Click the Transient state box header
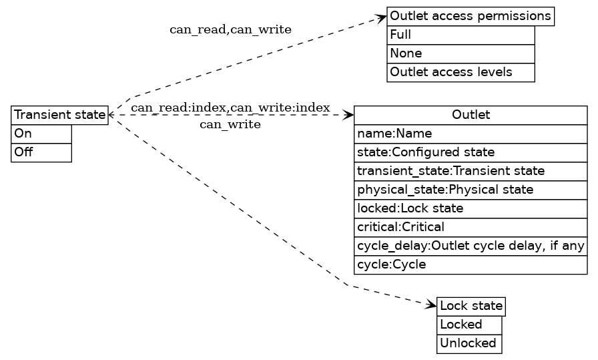click(59, 115)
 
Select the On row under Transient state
click(41, 134)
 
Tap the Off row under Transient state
click(41, 152)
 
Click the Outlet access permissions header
click(471, 16)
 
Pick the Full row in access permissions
click(461, 35)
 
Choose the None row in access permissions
click(461, 53)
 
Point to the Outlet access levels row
click(461, 72)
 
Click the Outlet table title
click(471, 115)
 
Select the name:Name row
click(471, 134)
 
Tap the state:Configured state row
click(471, 152)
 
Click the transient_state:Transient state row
click(471, 171)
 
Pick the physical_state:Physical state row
click(471, 190)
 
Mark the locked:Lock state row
click(471, 208)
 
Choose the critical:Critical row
click(471, 227)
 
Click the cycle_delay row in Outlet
click(471, 246)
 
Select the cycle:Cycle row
click(471, 264)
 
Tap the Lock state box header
click(471, 307)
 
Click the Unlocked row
click(469, 343)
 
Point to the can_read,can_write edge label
click(230, 30)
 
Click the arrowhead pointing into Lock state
click(431, 305)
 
